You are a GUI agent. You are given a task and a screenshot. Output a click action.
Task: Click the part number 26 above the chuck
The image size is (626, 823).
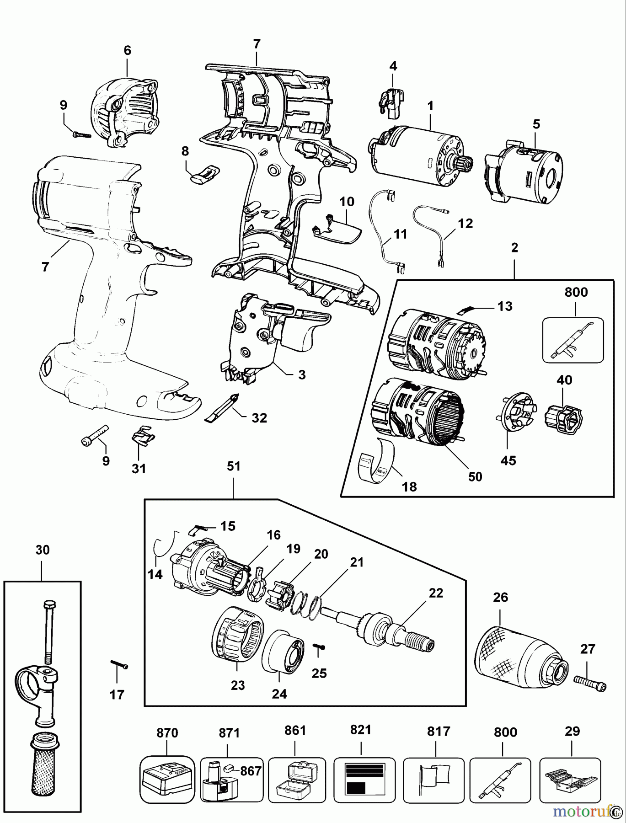click(x=500, y=597)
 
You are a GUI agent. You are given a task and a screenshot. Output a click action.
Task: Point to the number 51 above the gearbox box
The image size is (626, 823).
click(x=233, y=466)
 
